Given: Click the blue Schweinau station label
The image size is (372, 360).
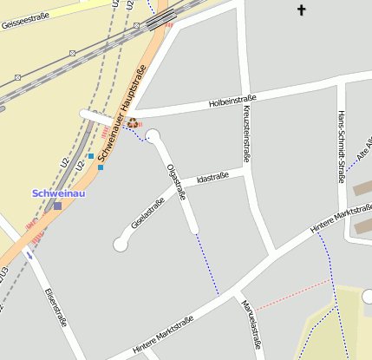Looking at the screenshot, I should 58,193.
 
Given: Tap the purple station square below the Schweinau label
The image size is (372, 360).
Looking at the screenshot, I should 57,206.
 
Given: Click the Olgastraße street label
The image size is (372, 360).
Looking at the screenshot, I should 176,181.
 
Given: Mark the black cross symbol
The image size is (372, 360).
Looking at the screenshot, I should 302,10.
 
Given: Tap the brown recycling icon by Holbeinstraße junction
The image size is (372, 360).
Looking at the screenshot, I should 133,123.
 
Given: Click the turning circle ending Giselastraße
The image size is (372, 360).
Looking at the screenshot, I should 121,245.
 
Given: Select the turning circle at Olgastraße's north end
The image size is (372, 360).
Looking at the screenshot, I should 153,135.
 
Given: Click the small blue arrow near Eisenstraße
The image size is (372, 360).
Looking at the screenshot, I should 31,255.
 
